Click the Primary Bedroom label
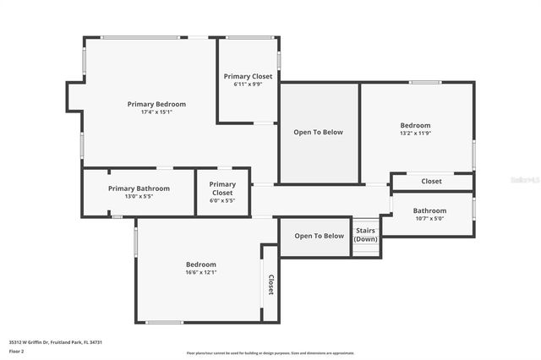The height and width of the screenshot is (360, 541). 156,104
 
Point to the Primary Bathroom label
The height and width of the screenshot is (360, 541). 139,188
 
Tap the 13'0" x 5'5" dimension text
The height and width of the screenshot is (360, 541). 139,196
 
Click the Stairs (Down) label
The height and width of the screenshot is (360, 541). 365,234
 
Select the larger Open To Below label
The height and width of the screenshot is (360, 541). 318,132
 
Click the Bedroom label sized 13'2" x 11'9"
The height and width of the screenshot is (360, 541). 415,125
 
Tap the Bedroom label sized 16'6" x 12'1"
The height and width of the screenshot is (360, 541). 201,265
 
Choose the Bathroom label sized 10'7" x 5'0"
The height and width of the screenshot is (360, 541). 429,210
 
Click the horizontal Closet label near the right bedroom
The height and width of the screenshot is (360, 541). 431,181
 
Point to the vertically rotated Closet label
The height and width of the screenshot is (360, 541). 270,285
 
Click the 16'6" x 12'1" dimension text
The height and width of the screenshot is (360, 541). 201,272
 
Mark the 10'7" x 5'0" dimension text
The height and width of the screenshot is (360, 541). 429,218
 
